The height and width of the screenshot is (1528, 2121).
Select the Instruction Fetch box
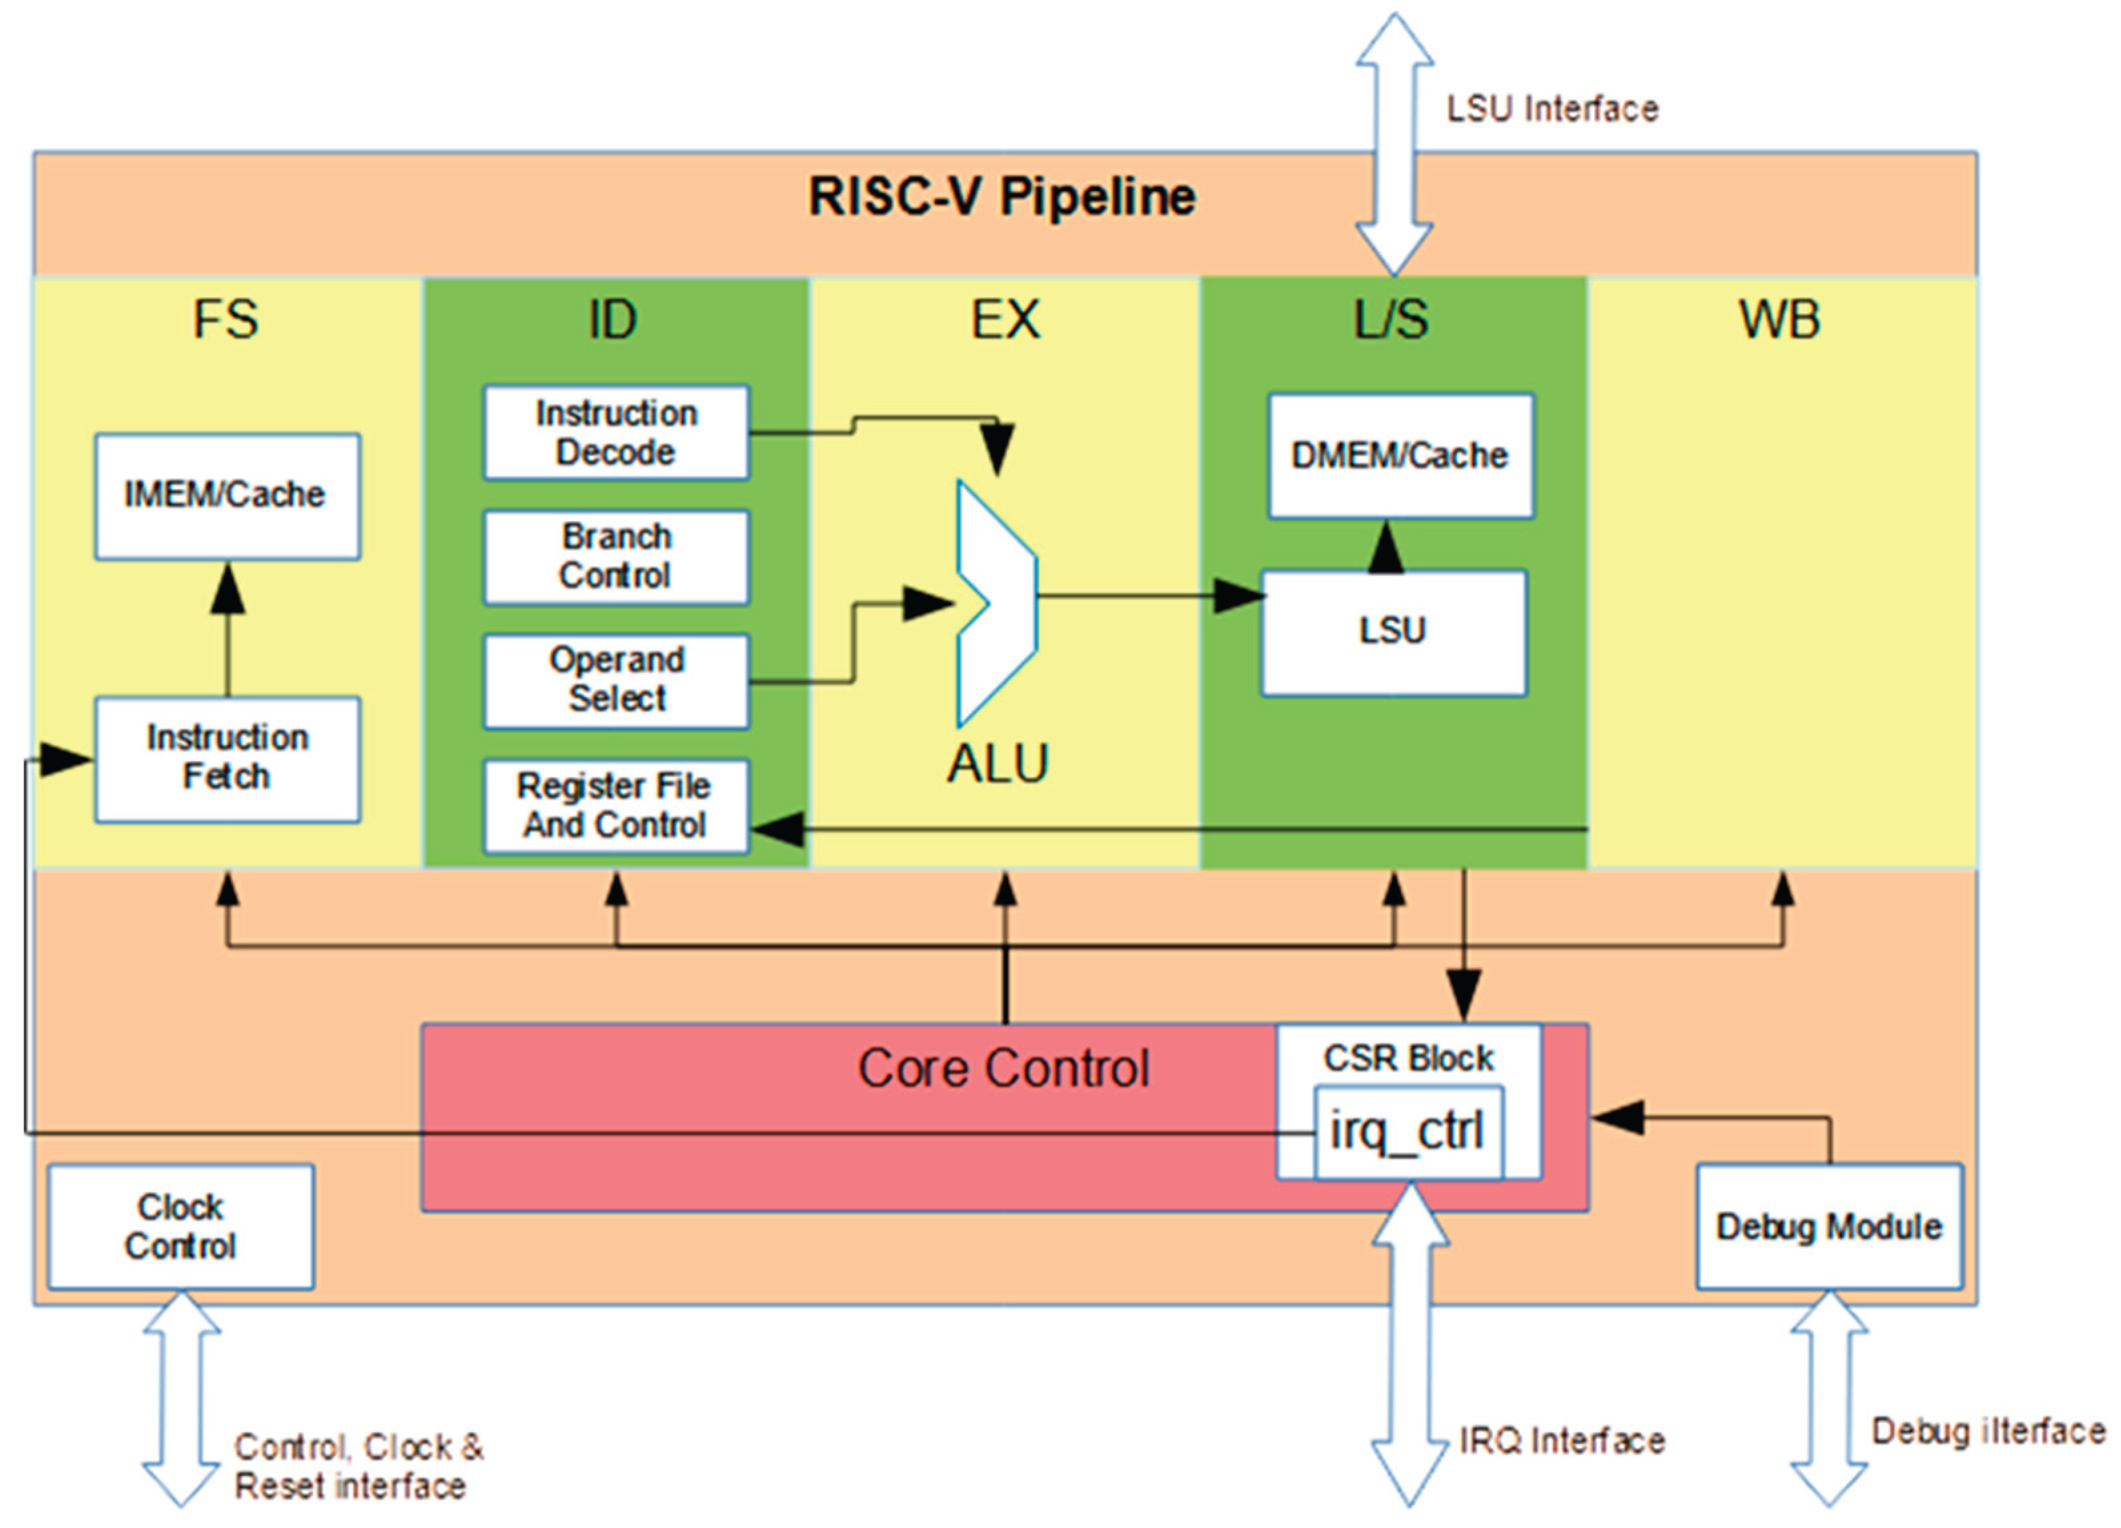pos(227,759)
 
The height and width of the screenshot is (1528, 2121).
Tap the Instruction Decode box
pos(615,433)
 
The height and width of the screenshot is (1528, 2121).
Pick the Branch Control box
pos(615,557)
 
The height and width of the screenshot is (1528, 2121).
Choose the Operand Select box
pos(615,680)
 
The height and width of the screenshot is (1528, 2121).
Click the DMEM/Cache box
pos(1400,455)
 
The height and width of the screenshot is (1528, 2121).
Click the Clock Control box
pos(180,1226)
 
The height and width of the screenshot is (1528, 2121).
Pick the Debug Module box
pos(1828,1226)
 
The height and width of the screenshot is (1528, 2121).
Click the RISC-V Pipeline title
pos(1002,197)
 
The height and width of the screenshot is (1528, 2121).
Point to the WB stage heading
pos(1779,320)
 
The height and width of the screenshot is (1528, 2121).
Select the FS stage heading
pos(225,320)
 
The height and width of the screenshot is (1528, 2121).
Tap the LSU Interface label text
pos(1552,109)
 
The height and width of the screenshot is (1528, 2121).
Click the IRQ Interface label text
pos(1562,1441)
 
